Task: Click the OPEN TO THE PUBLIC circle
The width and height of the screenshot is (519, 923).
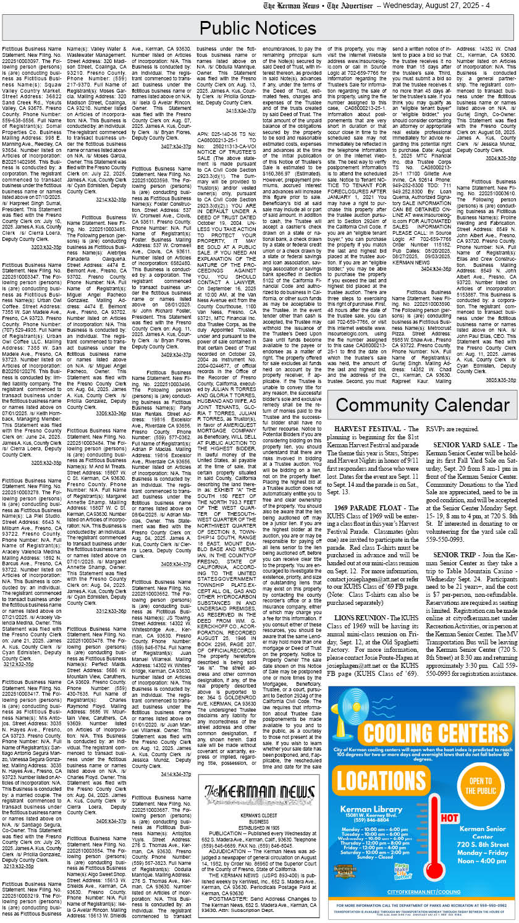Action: [480, 781]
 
